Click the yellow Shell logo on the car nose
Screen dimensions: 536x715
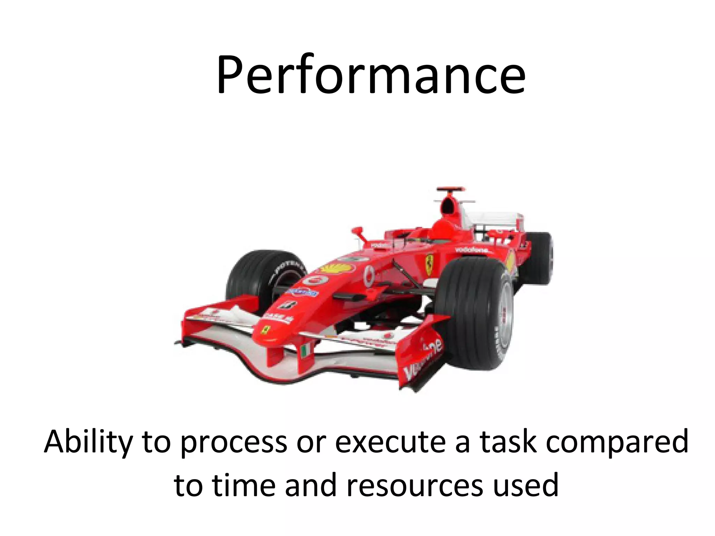[x=337, y=268]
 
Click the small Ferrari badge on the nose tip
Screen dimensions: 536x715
[x=266, y=330]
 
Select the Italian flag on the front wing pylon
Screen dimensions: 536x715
[x=306, y=350]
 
